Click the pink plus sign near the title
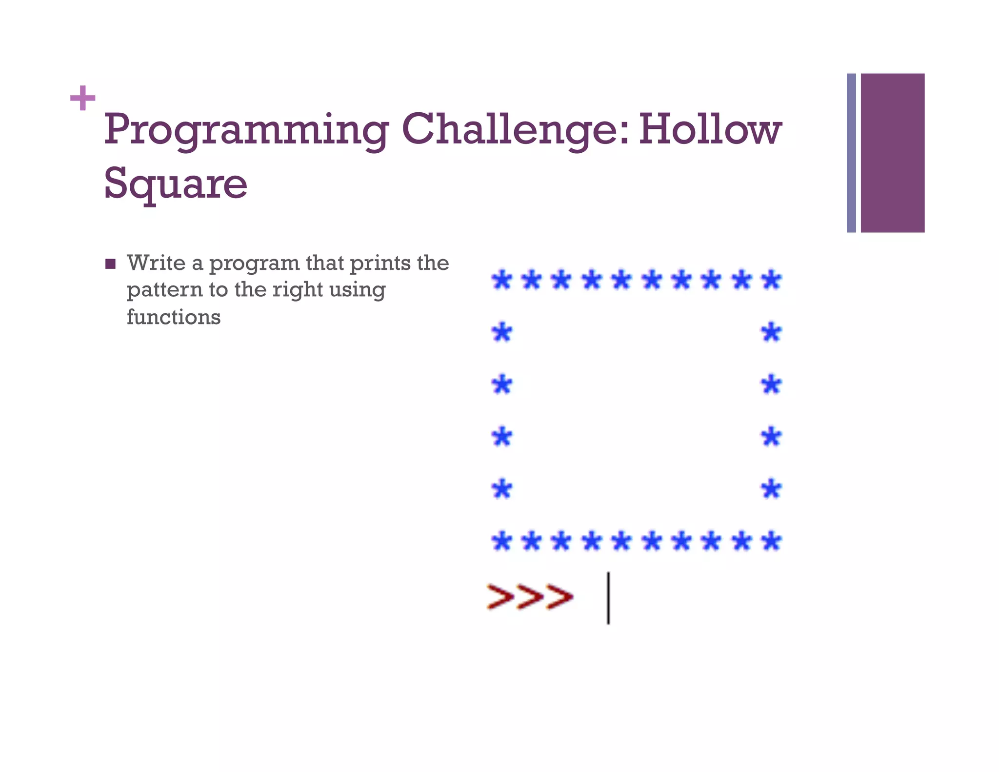pyautogui.click(x=82, y=98)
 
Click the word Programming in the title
pyautogui.click(x=246, y=130)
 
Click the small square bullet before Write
pyautogui.click(x=111, y=264)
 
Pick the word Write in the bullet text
pyautogui.click(x=156, y=263)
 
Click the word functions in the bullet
pyautogui.click(x=174, y=317)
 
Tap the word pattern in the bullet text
pyautogui.click(x=164, y=290)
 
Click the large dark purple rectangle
pyautogui.click(x=892, y=153)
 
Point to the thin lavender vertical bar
pyautogui.click(x=851, y=153)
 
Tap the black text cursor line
pyautogui.click(x=608, y=598)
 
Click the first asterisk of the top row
pyautogui.click(x=502, y=280)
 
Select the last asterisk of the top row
pyautogui.click(x=771, y=280)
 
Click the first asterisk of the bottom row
pyautogui.click(x=502, y=541)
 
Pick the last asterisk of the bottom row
pyautogui.click(x=771, y=541)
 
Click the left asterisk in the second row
pyautogui.click(x=502, y=333)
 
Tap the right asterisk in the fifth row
pyautogui.click(x=771, y=489)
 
